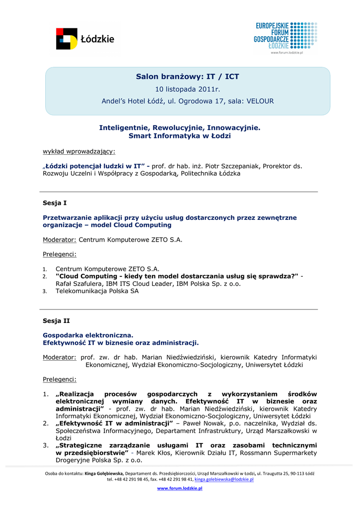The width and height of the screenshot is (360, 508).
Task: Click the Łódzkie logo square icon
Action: (x=67, y=39)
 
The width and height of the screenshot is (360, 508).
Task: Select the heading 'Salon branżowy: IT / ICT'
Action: (x=187, y=76)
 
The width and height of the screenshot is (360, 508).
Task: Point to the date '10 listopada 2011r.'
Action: (x=187, y=89)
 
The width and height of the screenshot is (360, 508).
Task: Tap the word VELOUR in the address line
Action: (x=260, y=101)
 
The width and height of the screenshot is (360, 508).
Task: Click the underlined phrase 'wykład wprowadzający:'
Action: (x=79, y=151)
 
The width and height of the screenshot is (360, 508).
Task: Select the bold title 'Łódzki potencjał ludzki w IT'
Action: (x=94, y=166)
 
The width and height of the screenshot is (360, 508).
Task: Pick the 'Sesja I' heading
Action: (x=55, y=203)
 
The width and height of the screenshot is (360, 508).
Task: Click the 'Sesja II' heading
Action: (x=56, y=321)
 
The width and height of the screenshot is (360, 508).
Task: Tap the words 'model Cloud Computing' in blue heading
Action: (x=134, y=225)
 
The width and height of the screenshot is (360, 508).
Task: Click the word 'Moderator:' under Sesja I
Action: (x=60, y=240)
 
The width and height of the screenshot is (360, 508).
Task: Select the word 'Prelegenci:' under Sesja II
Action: (x=60, y=380)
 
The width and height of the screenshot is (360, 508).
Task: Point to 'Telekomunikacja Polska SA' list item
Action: (x=97, y=291)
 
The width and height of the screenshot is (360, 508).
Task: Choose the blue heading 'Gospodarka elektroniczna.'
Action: (x=88, y=335)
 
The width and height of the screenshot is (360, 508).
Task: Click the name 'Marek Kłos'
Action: (x=157, y=453)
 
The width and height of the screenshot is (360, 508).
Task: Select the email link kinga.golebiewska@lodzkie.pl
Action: (x=224, y=480)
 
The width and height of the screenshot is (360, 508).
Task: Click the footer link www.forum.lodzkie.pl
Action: (x=180, y=489)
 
